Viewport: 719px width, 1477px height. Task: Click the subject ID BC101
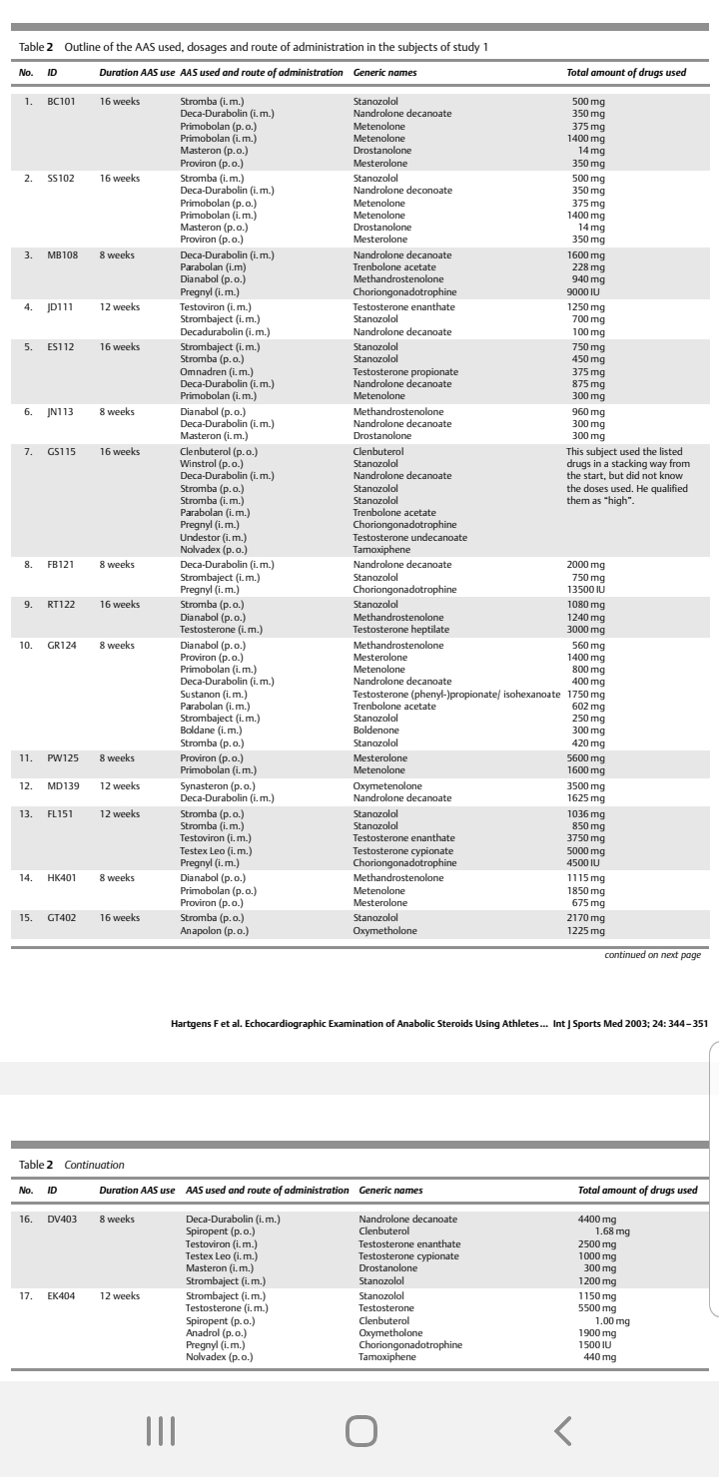(61, 101)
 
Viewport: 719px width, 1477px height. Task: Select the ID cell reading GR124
(62, 646)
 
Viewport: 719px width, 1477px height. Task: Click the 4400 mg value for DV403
(597, 1219)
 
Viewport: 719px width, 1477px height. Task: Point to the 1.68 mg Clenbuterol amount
(612, 1231)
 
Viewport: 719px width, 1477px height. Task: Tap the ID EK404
(62, 1295)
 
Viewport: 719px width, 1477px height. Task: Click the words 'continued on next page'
(652, 954)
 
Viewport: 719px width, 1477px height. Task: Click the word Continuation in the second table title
(95, 1164)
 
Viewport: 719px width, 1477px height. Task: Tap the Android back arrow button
(563, 1431)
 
